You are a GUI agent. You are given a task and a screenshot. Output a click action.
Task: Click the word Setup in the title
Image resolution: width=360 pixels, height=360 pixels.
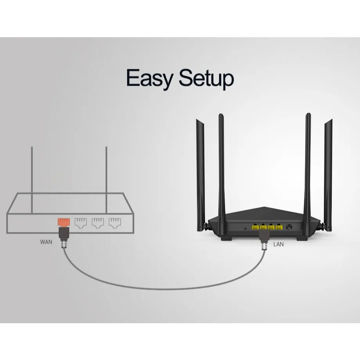click(206, 79)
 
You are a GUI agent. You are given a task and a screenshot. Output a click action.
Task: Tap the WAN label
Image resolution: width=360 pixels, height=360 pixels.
click(46, 242)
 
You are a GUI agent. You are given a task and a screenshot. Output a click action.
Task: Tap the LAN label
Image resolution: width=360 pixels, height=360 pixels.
click(279, 245)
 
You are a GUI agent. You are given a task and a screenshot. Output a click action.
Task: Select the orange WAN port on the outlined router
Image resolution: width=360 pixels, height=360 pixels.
click(63, 222)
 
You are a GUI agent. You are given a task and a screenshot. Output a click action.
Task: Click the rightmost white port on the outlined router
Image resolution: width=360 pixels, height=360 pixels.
click(114, 223)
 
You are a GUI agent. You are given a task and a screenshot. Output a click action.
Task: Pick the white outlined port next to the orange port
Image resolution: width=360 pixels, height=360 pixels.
click(81, 223)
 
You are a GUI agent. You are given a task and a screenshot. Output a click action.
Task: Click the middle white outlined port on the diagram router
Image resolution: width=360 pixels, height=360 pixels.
click(97, 223)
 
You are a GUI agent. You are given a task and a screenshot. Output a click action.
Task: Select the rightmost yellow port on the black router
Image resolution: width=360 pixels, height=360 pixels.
click(279, 227)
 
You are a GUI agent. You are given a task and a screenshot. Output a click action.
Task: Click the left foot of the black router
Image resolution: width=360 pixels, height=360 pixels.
click(227, 238)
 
